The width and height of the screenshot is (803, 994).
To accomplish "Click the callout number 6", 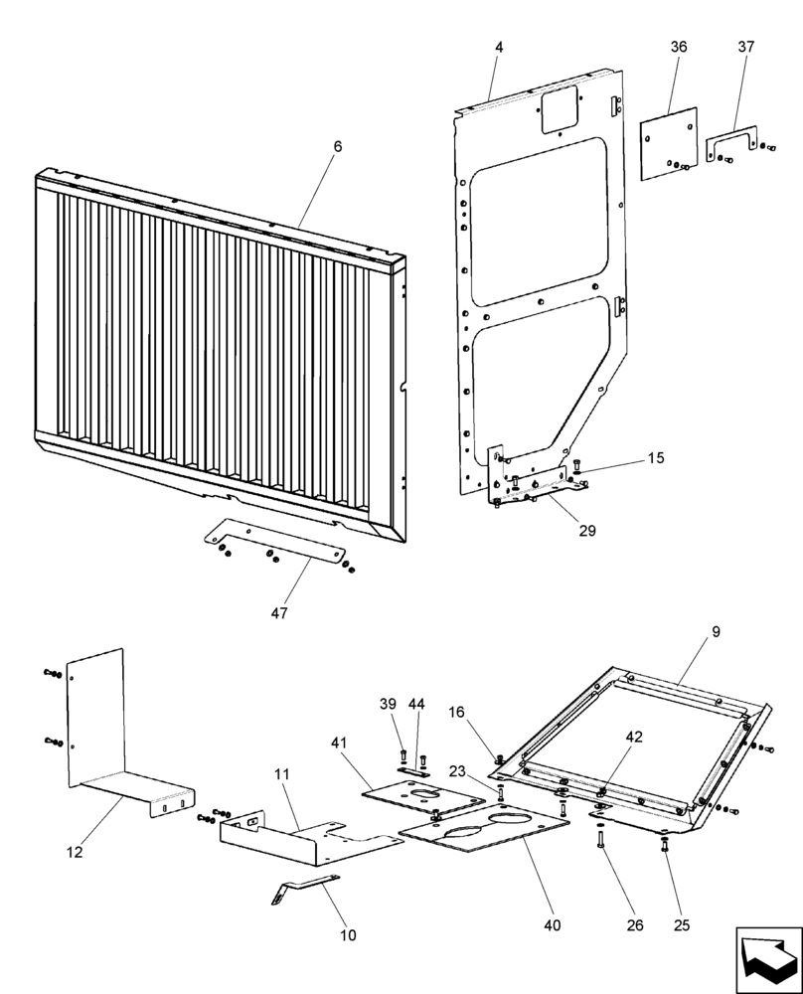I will (x=337, y=146).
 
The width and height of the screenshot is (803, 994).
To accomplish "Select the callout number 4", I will (x=498, y=47).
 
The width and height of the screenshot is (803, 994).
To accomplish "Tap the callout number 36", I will (x=679, y=47).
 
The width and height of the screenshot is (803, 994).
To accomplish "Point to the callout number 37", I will (x=745, y=47).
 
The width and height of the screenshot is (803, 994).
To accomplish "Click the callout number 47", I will (x=279, y=613).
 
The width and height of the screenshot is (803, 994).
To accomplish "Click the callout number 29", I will (x=586, y=531).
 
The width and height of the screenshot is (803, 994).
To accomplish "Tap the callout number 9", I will (x=716, y=631).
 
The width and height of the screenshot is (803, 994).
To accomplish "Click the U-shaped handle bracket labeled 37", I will (x=730, y=141).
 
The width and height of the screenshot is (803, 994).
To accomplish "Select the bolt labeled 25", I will (x=664, y=847).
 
